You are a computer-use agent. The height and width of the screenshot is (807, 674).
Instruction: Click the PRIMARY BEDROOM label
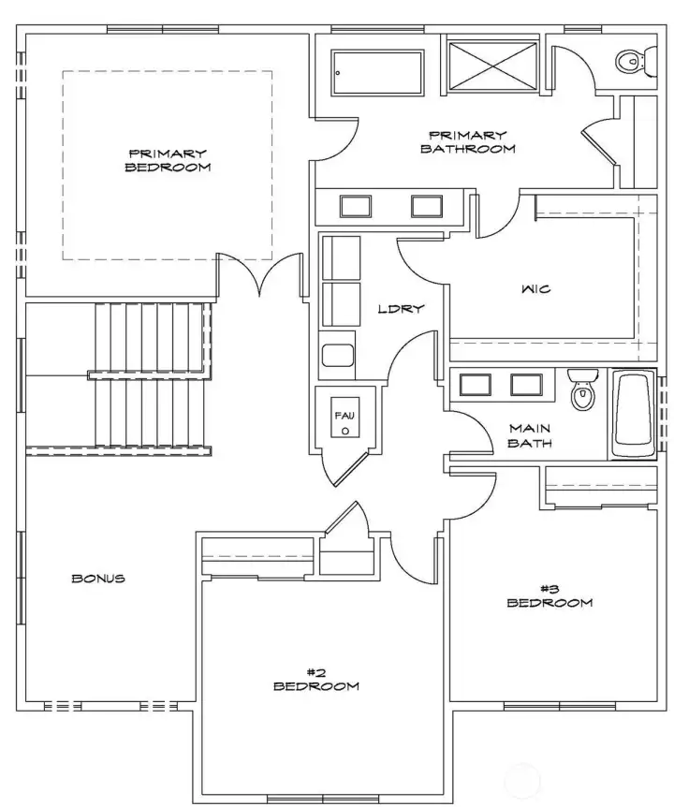(x=168, y=160)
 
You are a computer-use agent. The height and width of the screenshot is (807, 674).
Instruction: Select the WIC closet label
(x=535, y=289)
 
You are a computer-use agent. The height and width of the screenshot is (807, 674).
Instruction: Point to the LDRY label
(x=402, y=308)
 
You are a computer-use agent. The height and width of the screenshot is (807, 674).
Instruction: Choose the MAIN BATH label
(x=530, y=435)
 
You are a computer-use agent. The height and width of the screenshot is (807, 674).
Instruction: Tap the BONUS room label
(x=98, y=579)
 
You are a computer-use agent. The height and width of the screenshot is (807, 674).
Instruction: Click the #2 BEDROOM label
(x=315, y=679)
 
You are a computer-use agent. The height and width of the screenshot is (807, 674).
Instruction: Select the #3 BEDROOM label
(x=549, y=595)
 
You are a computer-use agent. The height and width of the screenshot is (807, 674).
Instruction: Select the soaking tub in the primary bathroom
(x=382, y=70)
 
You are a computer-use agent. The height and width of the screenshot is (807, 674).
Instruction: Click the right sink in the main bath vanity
(x=526, y=385)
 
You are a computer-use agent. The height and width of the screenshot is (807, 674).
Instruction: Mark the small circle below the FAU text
(x=345, y=432)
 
